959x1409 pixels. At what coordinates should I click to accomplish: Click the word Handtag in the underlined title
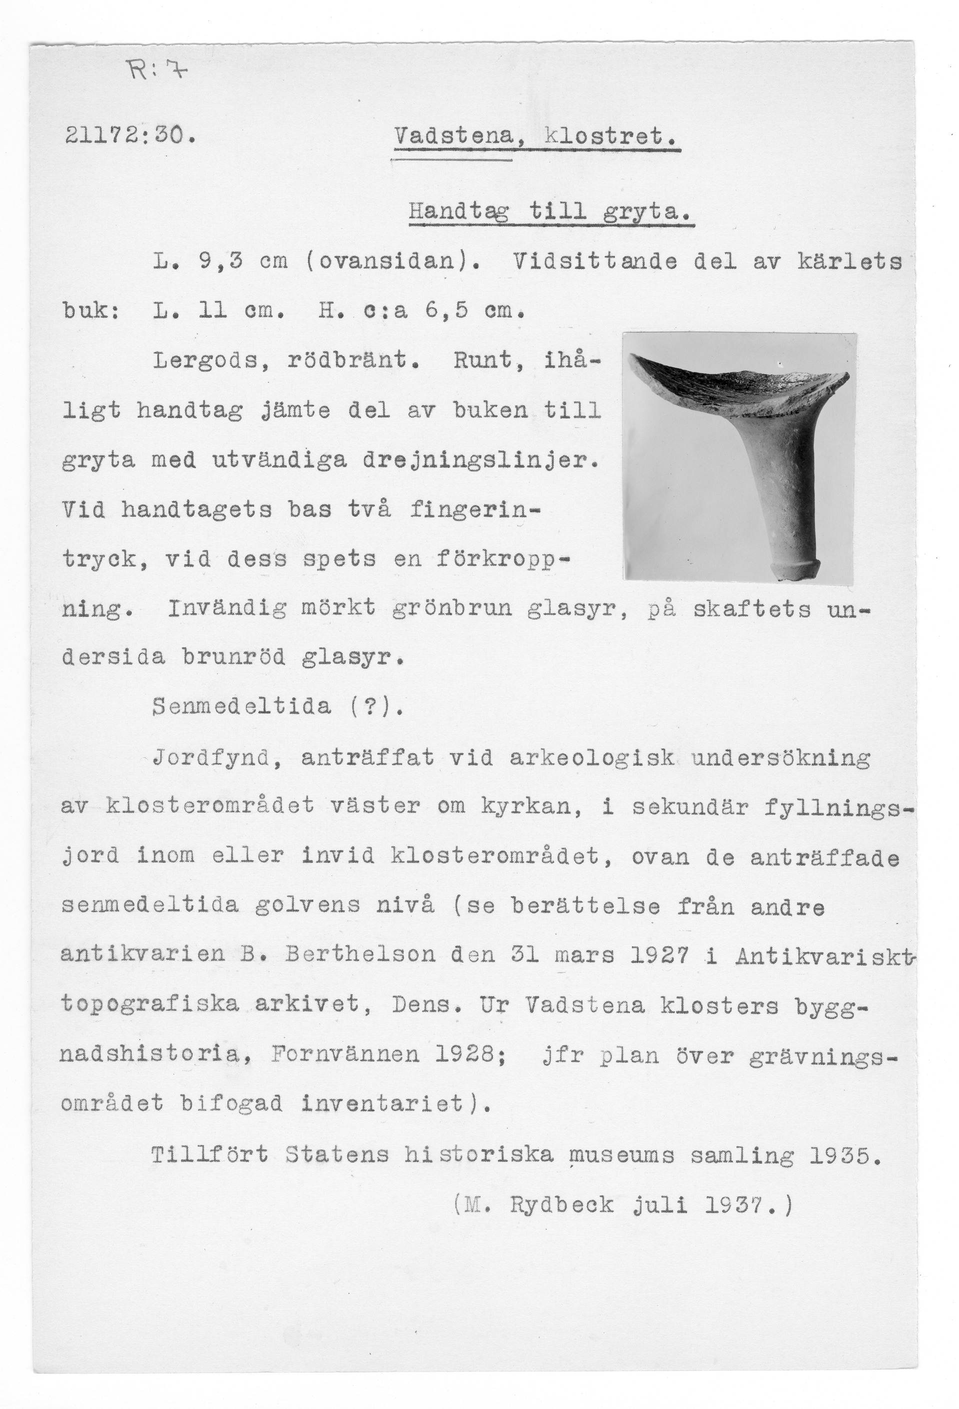458,213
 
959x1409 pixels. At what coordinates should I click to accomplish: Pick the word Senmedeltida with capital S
242,707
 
